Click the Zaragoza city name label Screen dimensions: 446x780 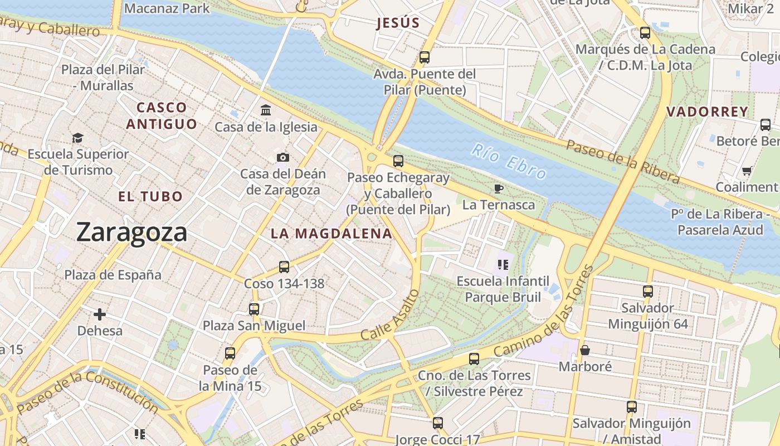pos(131,232)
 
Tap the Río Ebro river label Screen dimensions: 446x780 pos(508,162)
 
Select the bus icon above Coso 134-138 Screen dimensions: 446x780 pos(284,267)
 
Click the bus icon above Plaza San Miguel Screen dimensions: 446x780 pos(254,309)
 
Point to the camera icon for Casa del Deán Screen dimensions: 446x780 pos(283,157)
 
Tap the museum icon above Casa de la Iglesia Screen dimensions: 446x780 pos(266,110)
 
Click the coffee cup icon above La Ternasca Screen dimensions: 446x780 pos(499,188)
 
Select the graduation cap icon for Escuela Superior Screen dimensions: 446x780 pos(77,137)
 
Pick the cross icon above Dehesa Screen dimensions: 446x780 pos(100,314)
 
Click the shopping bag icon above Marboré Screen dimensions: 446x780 pos(585,350)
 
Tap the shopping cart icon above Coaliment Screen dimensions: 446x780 pos(747,171)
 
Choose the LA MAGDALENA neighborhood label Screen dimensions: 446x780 pos(331,234)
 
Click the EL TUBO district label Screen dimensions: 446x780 pos(150,196)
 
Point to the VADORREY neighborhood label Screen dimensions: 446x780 pos(707,111)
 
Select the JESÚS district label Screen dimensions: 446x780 pos(397,23)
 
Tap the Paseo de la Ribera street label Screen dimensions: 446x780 pos(623,162)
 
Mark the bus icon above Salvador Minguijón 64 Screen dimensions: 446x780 pos(647,291)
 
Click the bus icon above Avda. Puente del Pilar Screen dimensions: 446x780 pos(425,57)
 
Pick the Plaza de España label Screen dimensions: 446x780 pos(113,275)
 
